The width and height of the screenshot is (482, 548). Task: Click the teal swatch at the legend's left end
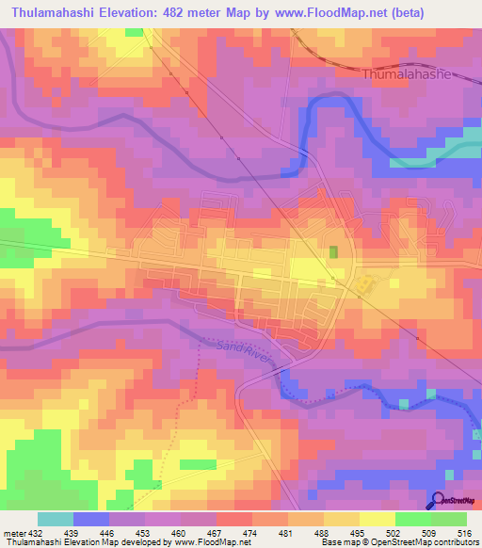tap(56, 519)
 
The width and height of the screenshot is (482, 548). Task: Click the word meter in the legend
tap(12, 533)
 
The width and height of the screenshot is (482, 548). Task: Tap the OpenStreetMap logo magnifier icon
tap(437, 501)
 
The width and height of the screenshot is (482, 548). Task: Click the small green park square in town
tap(333, 252)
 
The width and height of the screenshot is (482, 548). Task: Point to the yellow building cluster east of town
tap(362, 282)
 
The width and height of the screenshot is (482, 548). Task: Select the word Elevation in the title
tap(132, 13)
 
